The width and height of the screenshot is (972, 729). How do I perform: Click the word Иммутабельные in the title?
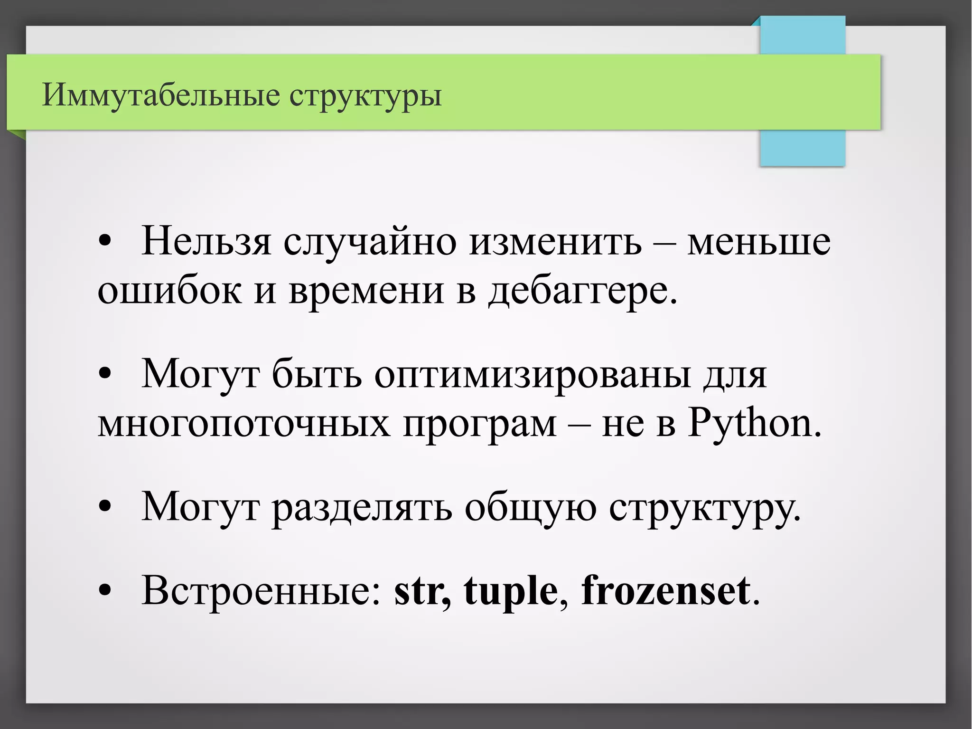tap(161, 95)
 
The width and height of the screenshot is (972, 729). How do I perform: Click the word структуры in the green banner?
tap(365, 96)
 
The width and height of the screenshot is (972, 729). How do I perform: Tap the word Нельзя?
tap(206, 241)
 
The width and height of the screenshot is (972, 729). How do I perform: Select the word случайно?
tap(370, 242)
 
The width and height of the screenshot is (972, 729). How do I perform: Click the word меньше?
tap(759, 242)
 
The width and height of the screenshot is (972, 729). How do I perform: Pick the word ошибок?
tap(169, 291)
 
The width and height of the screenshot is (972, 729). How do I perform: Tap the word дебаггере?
tap(583, 291)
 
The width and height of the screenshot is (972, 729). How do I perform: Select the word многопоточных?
tap(244, 424)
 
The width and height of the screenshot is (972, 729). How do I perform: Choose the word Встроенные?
tap(261, 591)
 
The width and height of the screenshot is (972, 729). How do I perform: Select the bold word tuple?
tap(511, 592)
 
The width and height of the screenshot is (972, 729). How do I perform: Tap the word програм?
tap(479, 425)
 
